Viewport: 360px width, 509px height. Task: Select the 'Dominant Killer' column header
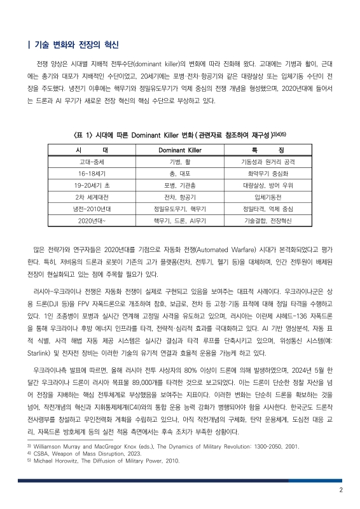[x=179, y=150]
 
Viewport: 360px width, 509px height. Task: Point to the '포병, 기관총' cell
[x=179, y=185]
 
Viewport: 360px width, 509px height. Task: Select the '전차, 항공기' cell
[x=179, y=197]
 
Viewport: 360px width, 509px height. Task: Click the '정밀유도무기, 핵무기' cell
[x=179, y=208]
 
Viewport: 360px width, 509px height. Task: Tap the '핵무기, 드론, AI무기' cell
[x=179, y=220]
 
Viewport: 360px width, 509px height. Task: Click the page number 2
[x=341, y=490]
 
